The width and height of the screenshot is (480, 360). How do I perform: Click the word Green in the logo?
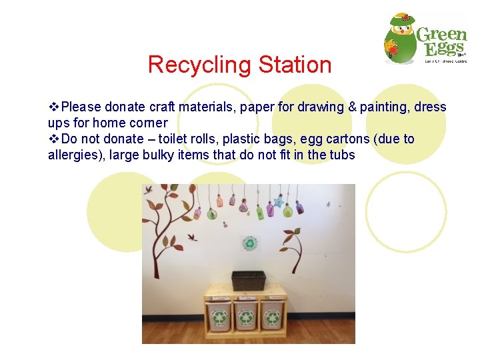(441, 35)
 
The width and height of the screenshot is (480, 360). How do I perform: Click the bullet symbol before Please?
(54, 107)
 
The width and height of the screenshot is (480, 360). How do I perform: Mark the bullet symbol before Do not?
(54, 139)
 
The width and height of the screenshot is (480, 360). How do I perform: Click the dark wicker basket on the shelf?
(248, 280)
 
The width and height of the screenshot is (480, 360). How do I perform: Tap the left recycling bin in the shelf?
(219, 316)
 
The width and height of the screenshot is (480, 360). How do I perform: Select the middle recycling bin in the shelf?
(245, 316)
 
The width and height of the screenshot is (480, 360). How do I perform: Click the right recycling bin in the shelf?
(272, 316)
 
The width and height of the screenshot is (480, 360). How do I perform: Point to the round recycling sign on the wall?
(250, 244)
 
